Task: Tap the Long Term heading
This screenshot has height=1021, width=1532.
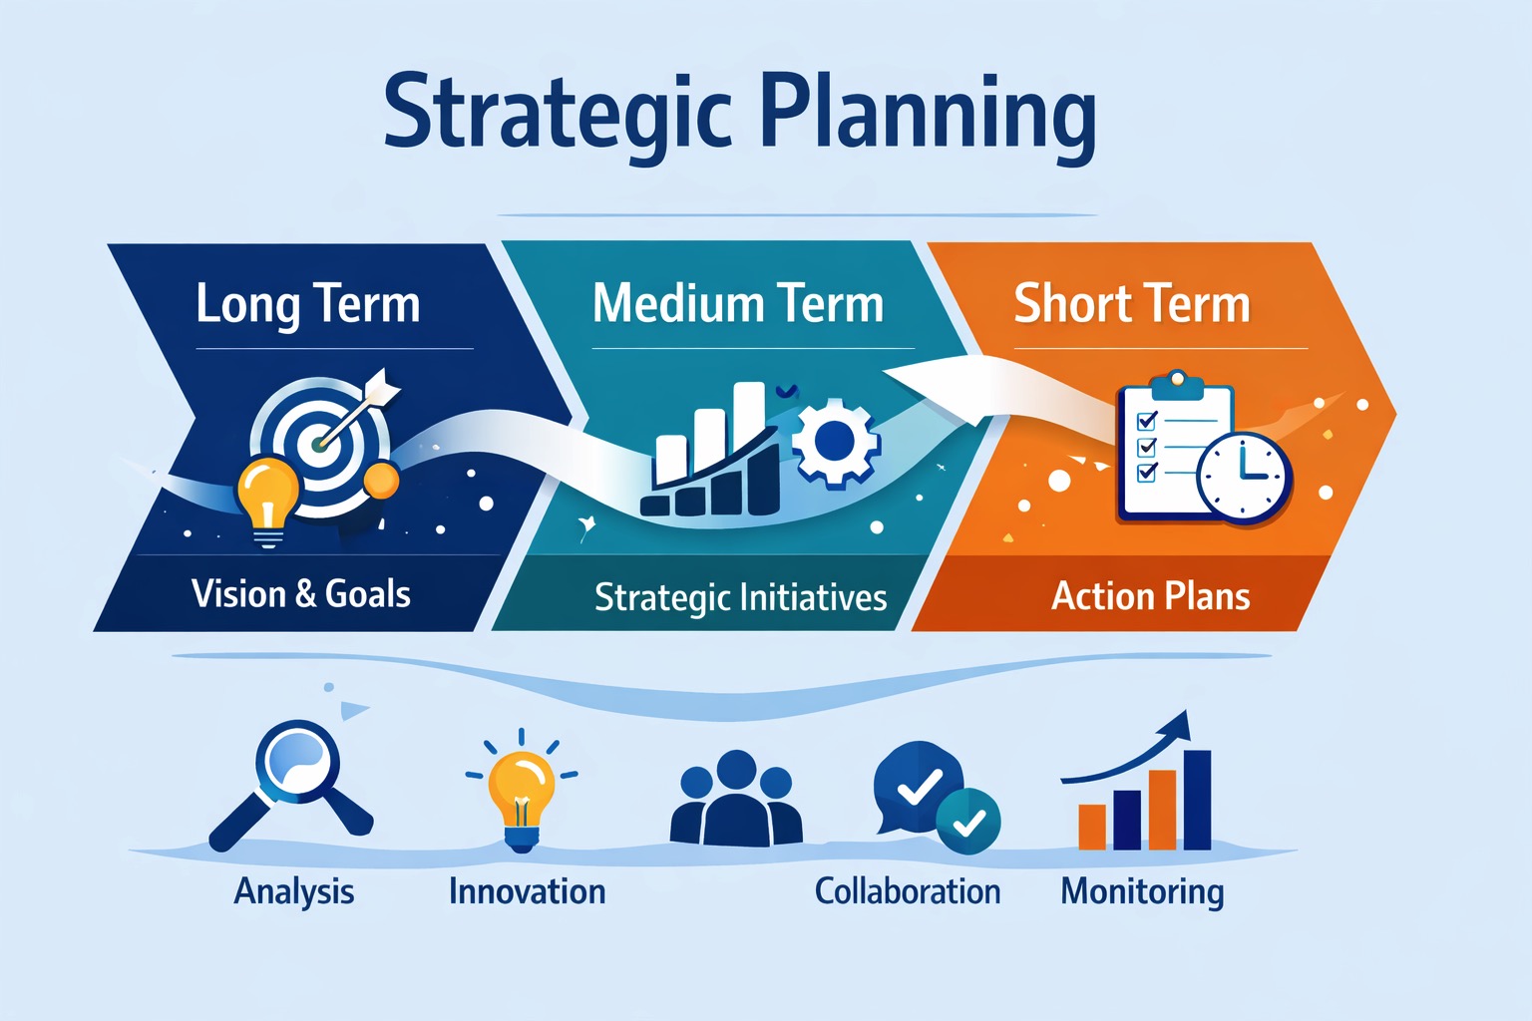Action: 308,304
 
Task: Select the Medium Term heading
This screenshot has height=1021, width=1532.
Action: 738,304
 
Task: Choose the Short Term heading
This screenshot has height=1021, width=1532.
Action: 1132,304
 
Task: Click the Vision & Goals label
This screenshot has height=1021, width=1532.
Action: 301,594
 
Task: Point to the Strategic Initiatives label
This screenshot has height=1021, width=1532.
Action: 740,597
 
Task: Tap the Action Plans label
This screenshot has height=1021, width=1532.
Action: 1151,596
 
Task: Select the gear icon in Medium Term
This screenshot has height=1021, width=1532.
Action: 836,441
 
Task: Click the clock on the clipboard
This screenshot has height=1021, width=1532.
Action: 1243,477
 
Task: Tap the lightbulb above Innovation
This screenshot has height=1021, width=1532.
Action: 522,793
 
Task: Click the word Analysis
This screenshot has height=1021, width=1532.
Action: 294,891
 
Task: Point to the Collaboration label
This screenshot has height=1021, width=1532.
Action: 908,891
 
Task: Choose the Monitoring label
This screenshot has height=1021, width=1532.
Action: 1142,891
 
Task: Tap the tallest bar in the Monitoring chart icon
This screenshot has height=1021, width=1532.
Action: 1197,800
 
